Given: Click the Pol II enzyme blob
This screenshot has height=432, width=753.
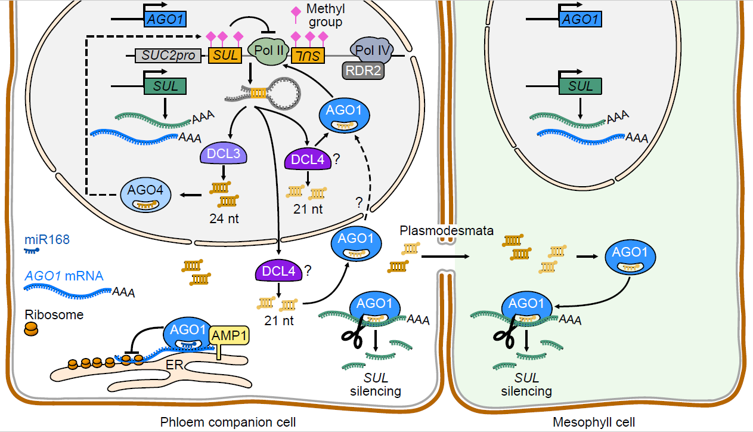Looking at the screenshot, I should tap(268, 53).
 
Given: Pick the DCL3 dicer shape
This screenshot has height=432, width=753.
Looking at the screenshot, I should tap(223, 155).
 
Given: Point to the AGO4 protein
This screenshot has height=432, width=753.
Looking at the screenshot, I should tap(146, 193).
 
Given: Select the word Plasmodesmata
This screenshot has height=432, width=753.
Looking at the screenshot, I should tap(447, 230).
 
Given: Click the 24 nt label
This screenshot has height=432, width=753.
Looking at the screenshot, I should tap(224, 218).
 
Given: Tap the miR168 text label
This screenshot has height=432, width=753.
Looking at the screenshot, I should tap(47, 240).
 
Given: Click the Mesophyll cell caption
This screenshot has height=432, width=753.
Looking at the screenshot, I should tap(594, 422).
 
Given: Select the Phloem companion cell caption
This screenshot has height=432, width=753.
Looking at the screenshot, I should tap(228, 422).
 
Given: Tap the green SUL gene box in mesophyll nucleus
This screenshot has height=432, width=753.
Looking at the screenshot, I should tap(580, 86).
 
